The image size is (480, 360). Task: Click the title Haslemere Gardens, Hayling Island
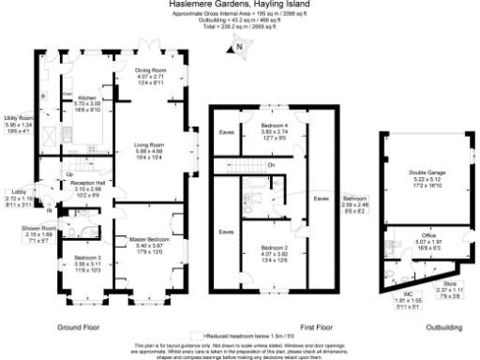pos(240,4)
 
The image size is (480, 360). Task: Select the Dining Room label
pos(150,70)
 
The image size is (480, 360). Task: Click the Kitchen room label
pos(76,97)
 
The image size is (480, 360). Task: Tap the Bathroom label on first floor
pos(355,199)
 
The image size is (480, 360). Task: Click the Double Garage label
pos(427,174)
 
